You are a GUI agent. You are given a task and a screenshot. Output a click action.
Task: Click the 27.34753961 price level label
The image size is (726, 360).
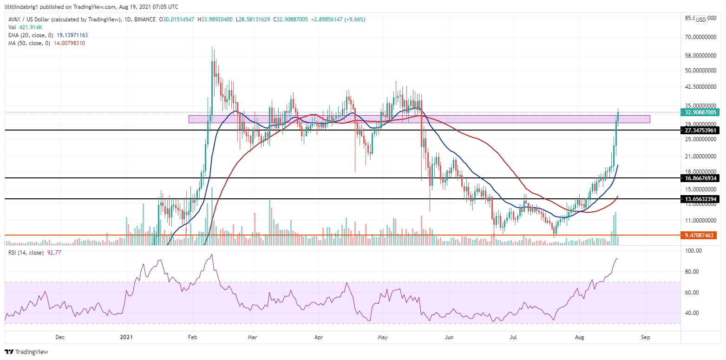[x=700, y=131]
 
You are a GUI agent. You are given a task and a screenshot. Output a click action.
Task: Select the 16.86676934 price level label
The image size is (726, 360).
[x=700, y=178]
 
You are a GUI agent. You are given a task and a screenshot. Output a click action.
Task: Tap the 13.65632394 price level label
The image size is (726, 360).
[x=700, y=199]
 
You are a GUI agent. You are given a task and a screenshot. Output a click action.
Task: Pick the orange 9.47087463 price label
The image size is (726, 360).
[x=700, y=236]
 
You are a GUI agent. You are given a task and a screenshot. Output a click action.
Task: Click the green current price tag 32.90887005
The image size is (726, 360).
[x=700, y=112]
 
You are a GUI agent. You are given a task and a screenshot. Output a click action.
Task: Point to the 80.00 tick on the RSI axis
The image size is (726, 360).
[x=692, y=271]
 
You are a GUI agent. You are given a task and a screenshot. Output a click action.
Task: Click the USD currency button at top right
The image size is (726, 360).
[x=700, y=20]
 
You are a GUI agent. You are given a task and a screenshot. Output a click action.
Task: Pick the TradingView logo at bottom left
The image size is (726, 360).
[x=27, y=352]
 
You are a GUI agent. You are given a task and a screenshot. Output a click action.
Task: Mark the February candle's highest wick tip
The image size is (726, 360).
[x=212, y=47]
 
